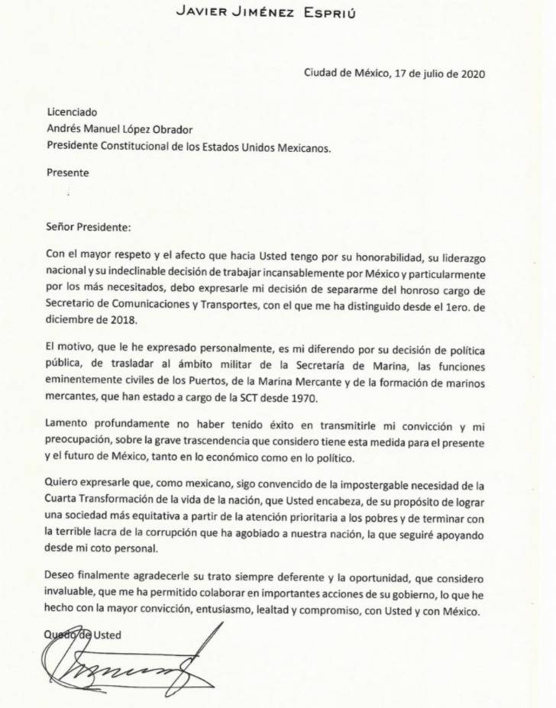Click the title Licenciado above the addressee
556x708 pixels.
pyautogui.click(x=73, y=112)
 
